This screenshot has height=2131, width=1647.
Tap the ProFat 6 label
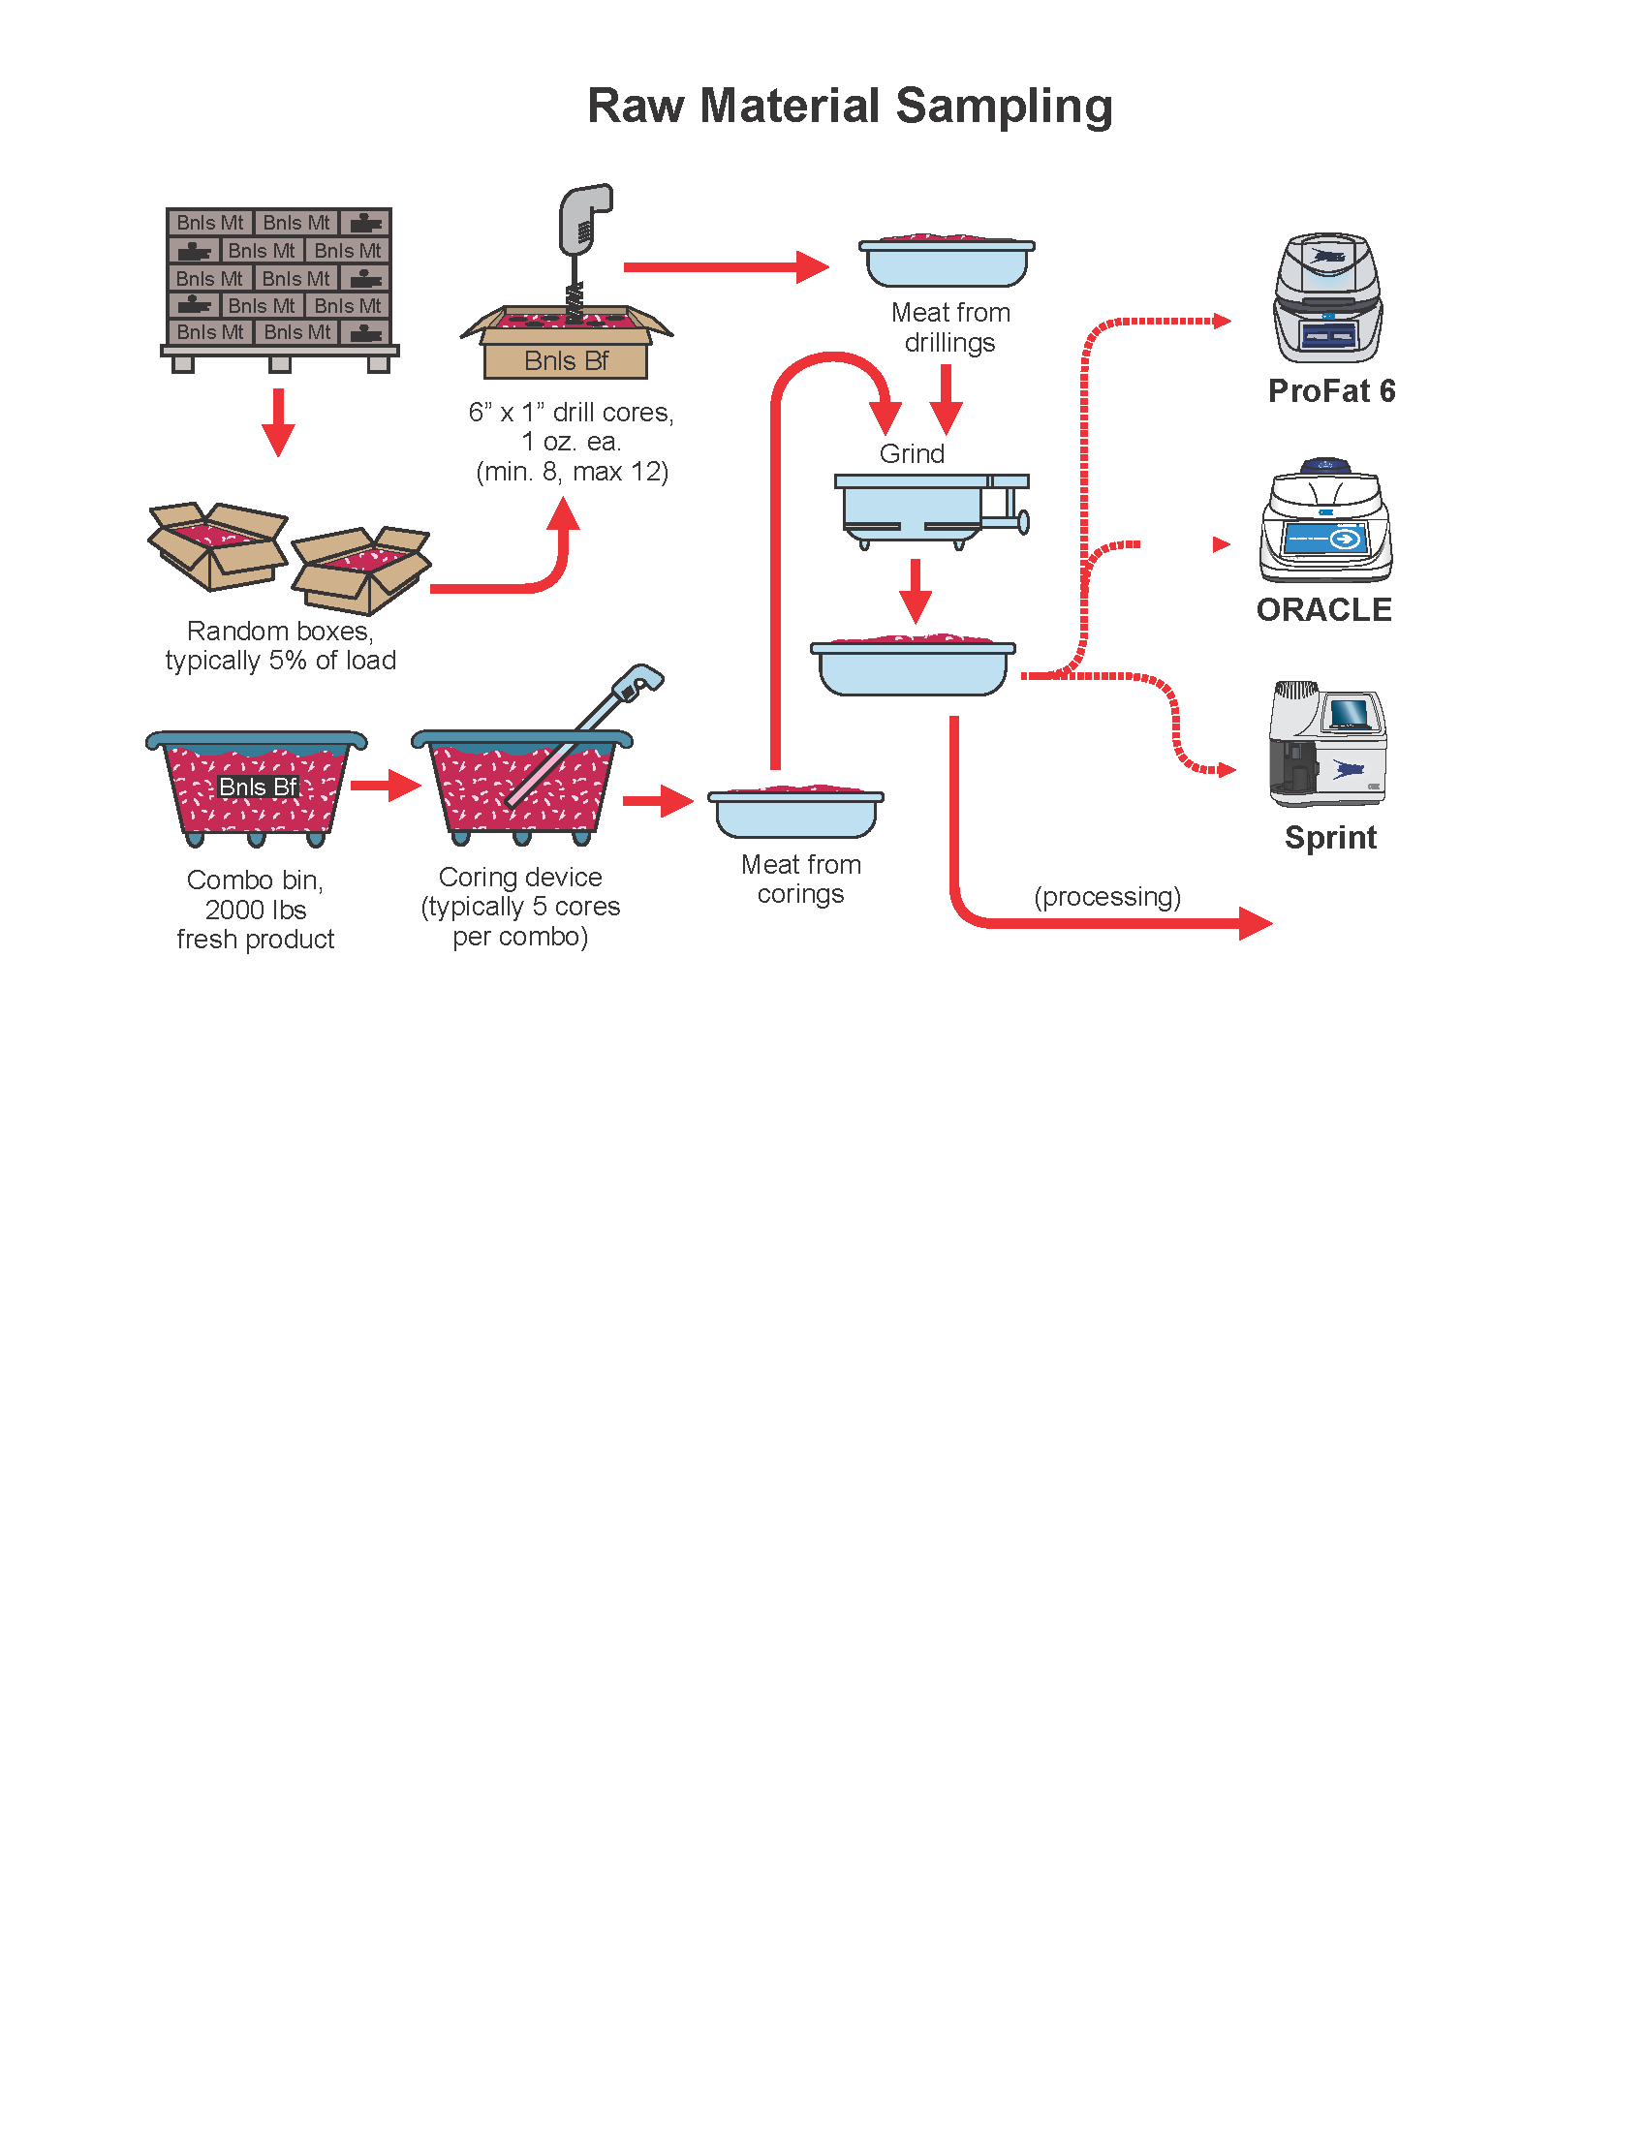(x=1331, y=391)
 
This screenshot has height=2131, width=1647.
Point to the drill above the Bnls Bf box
(x=582, y=244)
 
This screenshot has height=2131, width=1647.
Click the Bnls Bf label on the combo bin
(x=258, y=787)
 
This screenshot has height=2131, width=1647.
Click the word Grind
(x=912, y=453)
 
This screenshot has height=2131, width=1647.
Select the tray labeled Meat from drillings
(x=947, y=262)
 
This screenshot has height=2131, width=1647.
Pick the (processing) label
(x=1106, y=897)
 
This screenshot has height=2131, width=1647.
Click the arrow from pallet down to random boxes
(x=279, y=421)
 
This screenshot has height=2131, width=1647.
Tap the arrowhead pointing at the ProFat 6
(x=1223, y=321)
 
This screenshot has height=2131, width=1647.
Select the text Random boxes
(x=279, y=632)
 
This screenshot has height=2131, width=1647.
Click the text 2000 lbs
(x=256, y=910)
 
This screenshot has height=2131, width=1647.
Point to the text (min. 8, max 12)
(x=572, y=473)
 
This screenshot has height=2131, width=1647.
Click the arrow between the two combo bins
(x=386, y=785)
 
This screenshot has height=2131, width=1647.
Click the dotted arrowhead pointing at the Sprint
(x=1227, y=770)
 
